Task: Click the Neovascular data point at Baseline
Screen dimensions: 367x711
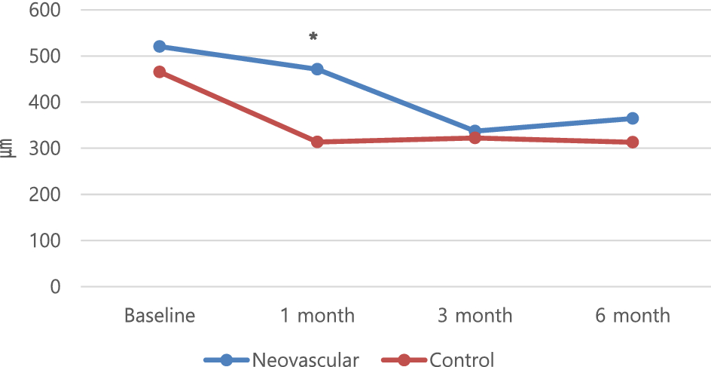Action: coord(160,47)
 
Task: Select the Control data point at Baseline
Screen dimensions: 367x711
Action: coord(160,72)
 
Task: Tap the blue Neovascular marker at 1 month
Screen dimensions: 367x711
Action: coord(317,69)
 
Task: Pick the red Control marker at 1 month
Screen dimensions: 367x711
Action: coord(317,142)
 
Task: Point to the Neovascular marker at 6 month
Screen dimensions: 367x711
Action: coord(633,118)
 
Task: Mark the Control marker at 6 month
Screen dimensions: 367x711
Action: coord(633,142)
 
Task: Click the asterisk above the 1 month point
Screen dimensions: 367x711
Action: coord(313,36)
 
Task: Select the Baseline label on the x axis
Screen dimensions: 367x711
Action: coord(160,315)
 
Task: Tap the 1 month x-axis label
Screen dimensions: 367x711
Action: coord(317,315)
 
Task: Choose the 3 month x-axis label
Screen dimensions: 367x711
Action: coord(475,315)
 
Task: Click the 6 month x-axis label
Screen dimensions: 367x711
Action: coord(633,315)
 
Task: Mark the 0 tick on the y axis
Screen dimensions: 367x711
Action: coord(55,286)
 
